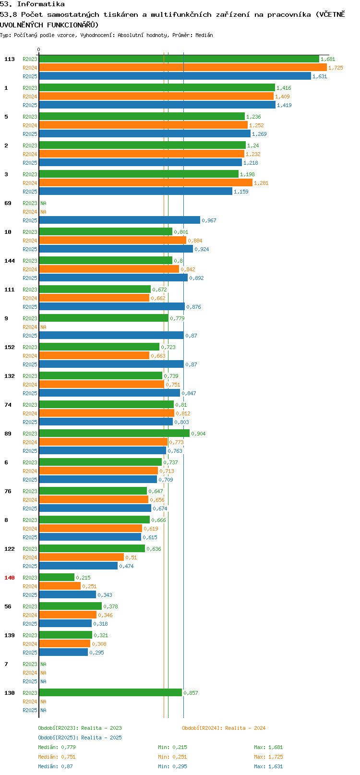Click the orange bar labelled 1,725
(x=183, y=68)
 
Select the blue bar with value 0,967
(x=120, y=220)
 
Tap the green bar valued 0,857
(x=110, y=693)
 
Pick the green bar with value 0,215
(x=57, y=578)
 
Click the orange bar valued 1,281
(x=145, y=182)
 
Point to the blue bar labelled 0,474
(x=78, y=566)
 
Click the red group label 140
(x=9, y=578)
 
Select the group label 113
(x=9, y=59)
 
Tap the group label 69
(x=8, y=203)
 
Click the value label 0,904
(x=198, y=434)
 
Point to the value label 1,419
(x=284, y=105)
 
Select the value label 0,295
(x=97, y=653)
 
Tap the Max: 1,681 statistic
(x=268, y=747)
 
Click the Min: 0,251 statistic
(x=173, y=757)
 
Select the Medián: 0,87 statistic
(x=55, y=766)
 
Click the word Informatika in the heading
(x=41, y=4)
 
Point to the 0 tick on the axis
(x=39, y=49)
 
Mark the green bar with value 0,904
(x=114, y=433)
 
